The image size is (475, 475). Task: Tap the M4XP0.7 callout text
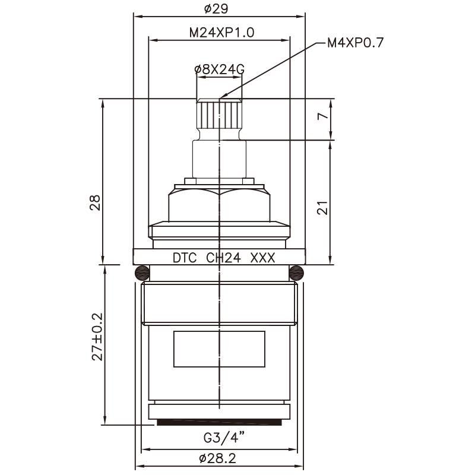356,43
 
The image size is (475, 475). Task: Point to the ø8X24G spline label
219,69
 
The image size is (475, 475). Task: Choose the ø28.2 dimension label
219,458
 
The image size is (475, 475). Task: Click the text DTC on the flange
184,259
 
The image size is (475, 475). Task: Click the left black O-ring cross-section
141,273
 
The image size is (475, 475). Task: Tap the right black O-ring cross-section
297,273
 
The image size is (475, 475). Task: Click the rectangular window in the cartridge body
219,349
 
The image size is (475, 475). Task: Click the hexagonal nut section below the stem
219,205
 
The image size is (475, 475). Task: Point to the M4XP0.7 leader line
273,68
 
